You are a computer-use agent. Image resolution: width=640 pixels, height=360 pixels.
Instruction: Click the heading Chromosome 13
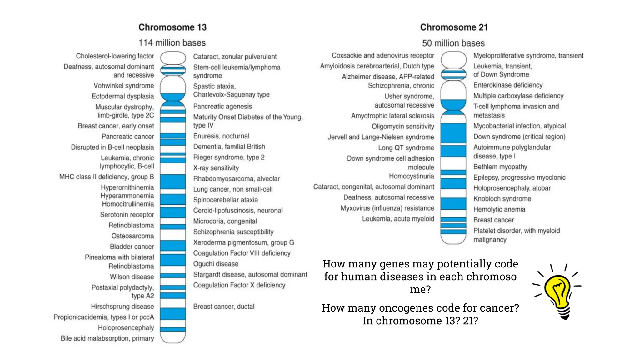(x=172, y=27)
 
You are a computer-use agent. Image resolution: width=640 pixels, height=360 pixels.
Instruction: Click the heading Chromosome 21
(x=454, y=27)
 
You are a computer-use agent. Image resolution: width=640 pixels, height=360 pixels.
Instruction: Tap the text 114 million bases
(x=172, y=43)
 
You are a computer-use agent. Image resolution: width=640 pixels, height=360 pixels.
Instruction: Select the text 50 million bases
(x=453, y=43)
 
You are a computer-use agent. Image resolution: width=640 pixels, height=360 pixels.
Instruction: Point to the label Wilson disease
(x=132, y=277)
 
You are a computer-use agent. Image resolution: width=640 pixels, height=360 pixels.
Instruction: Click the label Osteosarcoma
(x=132, y=236)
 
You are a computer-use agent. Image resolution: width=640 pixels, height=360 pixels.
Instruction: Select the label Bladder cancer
(x=132, y=247)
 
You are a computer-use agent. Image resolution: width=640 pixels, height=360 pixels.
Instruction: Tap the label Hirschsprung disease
(x=122, y=307)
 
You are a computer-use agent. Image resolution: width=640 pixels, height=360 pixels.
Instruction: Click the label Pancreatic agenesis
(x=222, y=106)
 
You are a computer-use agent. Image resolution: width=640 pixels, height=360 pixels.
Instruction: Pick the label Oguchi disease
(x=216, y=264)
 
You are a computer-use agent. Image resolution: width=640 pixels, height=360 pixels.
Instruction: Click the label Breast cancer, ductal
(x=224, y=307)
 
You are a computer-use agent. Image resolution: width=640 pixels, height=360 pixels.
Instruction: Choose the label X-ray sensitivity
(x=216, y=168)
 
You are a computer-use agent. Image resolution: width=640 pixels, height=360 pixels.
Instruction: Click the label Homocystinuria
(x=411, y=176)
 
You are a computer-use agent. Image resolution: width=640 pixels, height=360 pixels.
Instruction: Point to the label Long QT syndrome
(x=406, y=148)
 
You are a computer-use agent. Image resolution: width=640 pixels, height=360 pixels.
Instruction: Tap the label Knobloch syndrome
(x=502, y=199)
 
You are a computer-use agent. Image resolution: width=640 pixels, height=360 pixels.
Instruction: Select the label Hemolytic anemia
(x=499, y=209)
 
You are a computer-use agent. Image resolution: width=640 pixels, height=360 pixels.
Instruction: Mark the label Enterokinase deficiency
(x=508, y=85)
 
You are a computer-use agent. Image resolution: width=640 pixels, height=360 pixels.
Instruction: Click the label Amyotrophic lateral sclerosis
(x=392, y=116)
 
